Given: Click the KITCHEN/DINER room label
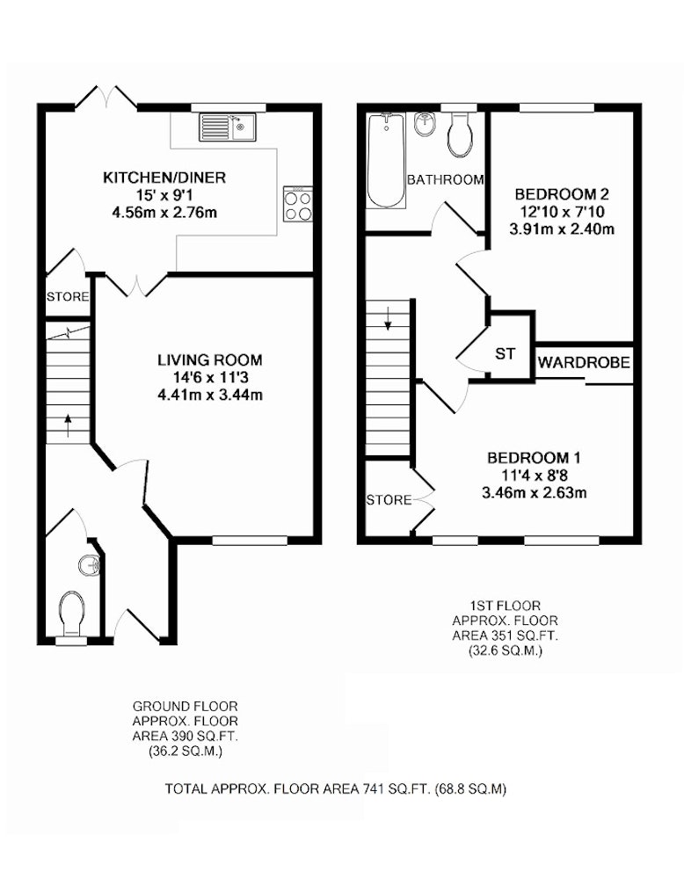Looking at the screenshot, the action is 164,178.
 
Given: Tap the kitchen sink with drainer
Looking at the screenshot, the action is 227,126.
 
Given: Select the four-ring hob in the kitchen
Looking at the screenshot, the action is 298,205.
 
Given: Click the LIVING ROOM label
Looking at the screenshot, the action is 210,360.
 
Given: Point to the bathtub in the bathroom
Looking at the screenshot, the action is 386,160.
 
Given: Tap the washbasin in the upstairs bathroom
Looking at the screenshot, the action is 425,124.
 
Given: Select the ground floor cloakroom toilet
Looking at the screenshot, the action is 72,614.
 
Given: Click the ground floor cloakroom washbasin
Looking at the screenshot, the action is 90,564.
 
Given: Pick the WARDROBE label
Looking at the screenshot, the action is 584,363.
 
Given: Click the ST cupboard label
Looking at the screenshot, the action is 506,353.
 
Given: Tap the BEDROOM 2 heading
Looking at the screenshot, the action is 562,194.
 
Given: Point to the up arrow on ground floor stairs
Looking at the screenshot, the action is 68,425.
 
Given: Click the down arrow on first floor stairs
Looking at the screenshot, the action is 388,318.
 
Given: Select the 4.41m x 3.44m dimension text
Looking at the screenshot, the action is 210,396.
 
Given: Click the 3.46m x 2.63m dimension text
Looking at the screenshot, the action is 535,493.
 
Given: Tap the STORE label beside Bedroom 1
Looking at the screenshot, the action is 389,499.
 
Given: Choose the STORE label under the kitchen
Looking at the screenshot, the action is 68,296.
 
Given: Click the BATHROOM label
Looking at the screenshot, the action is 445,180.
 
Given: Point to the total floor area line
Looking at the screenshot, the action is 336,789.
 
